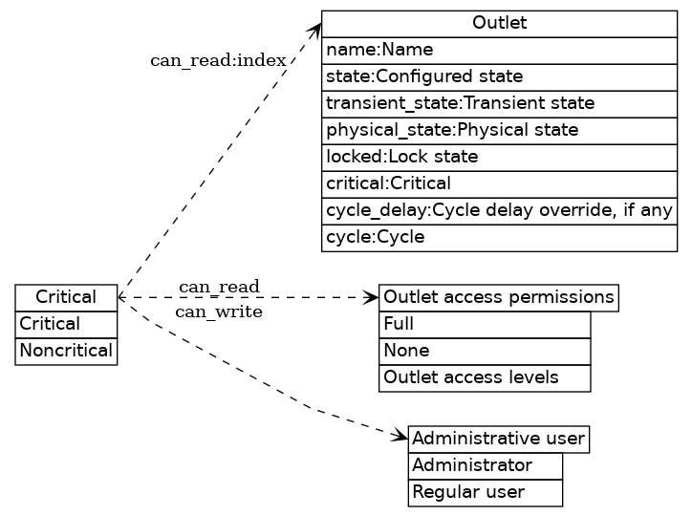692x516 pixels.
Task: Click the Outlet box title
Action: [499, 23]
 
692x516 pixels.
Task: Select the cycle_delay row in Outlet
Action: [499, 210]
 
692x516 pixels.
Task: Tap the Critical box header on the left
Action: [66, 297]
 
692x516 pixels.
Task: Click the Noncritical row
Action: [66, 351]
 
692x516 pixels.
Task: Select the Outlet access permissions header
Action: [498, 297]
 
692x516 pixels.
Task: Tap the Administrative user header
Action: [498, 439]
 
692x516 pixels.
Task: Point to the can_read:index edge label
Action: [218, 61]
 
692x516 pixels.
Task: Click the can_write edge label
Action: [218, 312]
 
